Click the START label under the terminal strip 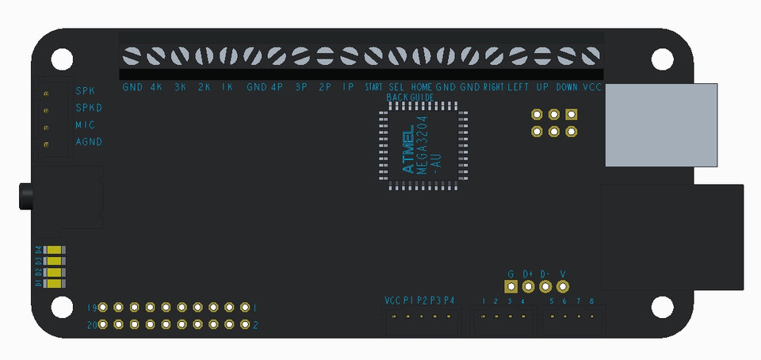[x=374, y=86]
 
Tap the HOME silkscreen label [x=422, y=86]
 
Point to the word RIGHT [x=494, y=86]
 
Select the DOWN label [x=567, y=86]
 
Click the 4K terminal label [x=156, y=86]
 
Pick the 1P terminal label [x=348, y=86]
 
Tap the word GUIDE [x=422, y=97]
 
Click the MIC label [x=85, y=125]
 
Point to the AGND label [x=89, y=142]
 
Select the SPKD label [x=89, y=108]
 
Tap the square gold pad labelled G [x=511, y=287]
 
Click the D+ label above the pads [x=528, y=274]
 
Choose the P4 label [x=449, y=301]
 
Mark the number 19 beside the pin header [x=92, y=307]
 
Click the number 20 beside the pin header [x=92, y=324]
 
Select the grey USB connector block [x=661, y=124]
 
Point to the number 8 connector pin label [x=591, y=301]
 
